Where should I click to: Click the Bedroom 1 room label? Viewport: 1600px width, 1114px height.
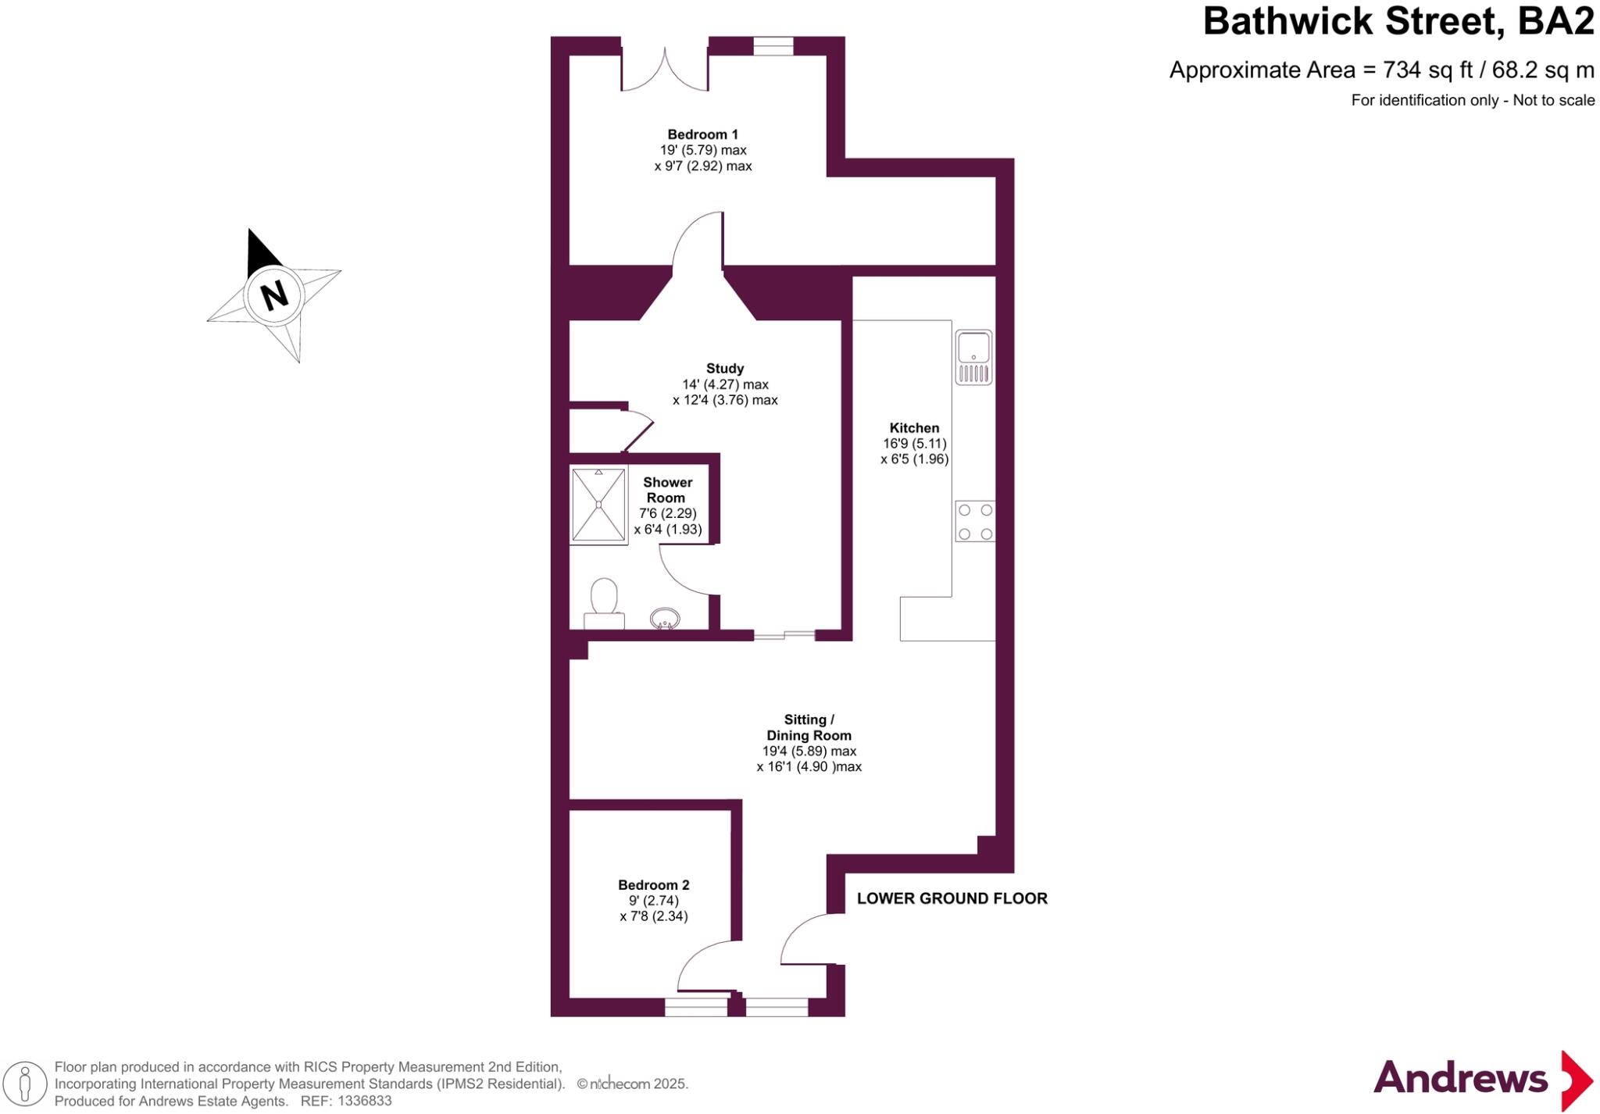[x=702, y=134]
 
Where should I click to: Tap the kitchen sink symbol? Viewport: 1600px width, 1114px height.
[x=973, y=356]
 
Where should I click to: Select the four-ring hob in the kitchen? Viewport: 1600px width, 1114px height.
[x=975, y=522]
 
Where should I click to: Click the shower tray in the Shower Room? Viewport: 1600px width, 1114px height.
[x=598, y=505]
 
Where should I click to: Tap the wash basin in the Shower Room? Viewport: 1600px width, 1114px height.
[x=666, y=619]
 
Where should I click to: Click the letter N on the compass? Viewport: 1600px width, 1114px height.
[x=273, y=295]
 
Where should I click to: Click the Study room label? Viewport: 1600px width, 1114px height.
[x=725, y=368]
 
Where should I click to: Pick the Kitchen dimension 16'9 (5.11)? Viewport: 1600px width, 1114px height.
[x=914, y=444]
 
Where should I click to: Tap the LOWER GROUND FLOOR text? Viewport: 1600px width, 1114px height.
[x=952, y=898]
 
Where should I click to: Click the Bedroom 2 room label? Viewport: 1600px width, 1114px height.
[x=653, y=885]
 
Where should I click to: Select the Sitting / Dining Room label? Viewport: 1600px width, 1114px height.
[x=809, y=727]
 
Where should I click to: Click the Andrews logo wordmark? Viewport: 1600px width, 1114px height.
[x=1460, y=1079]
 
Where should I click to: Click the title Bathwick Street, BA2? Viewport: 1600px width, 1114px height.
[x=1398, y=22]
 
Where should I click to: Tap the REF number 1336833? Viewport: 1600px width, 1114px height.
[x=363, y=1102]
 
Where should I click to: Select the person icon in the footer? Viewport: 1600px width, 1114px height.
[x=25, y=1084]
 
